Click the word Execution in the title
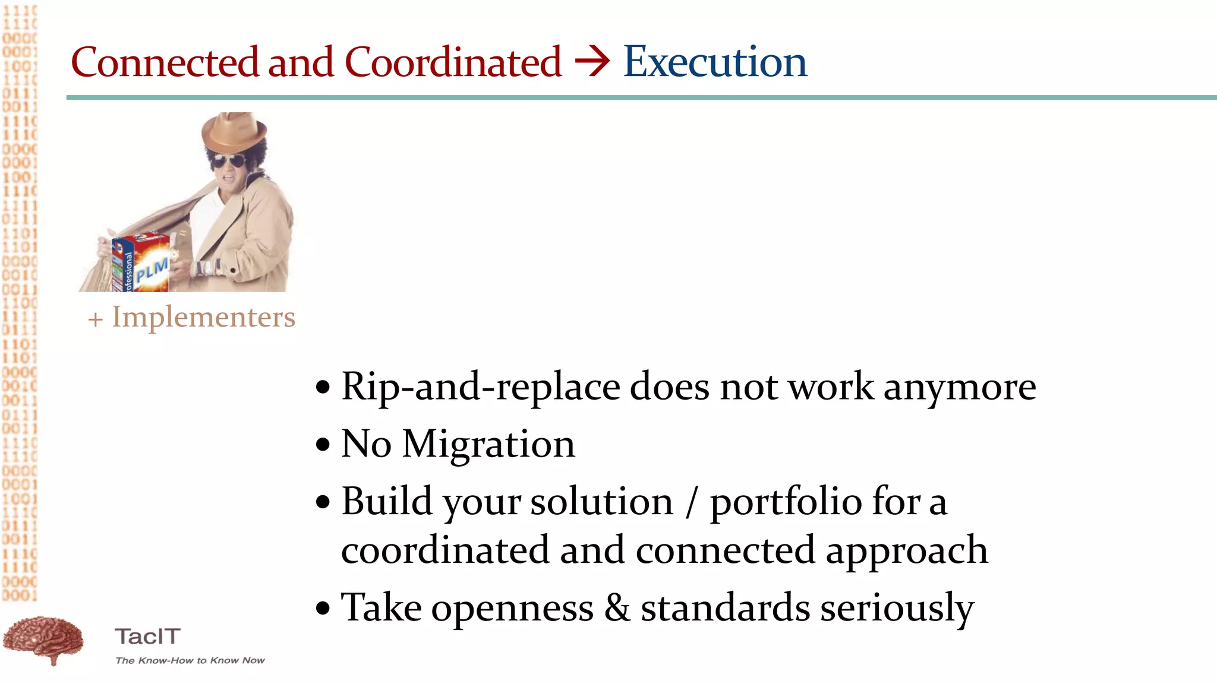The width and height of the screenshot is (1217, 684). [715, 62]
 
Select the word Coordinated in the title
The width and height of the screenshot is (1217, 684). [453, 62]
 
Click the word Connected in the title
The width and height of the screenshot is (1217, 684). [165, 62]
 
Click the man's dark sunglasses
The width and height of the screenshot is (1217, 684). [229, 161]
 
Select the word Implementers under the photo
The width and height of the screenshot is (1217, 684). [204, 317]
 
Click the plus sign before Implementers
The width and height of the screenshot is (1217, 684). [95, 319]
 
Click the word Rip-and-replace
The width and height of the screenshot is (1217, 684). [480, 387]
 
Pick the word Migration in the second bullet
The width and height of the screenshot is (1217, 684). [488, 444]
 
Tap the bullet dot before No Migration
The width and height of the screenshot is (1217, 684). [323, 445]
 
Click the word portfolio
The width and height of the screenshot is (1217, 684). [786, 502]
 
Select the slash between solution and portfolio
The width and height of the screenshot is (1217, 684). [691, 502]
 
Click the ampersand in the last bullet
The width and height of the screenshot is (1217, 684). [617, 607]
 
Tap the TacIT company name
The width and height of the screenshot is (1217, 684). [147, 636]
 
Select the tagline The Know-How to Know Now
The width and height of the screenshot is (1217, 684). [190, 660]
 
